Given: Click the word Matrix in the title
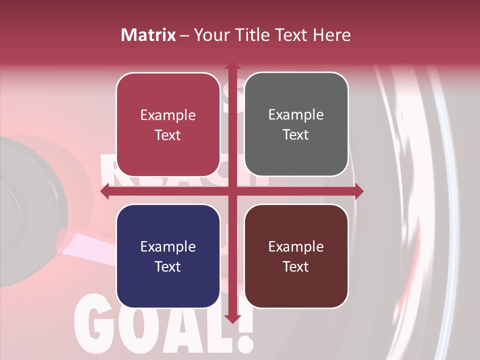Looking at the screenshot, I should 148,35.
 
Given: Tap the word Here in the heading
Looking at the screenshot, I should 331,35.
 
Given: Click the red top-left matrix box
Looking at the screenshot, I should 168,124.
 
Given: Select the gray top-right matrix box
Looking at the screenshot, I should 296,124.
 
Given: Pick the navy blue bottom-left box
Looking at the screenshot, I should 168,256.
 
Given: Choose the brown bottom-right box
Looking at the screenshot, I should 296,256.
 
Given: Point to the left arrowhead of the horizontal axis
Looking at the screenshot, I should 105,191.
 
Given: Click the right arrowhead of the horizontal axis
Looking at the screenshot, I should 358,191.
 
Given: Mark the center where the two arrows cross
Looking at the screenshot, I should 232,191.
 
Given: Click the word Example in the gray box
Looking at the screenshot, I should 296,115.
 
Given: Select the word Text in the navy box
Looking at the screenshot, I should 168,266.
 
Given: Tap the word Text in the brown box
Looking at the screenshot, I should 296,266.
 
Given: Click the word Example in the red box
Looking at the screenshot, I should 168,115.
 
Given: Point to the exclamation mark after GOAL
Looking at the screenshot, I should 243,330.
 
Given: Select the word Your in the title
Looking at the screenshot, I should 210,35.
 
